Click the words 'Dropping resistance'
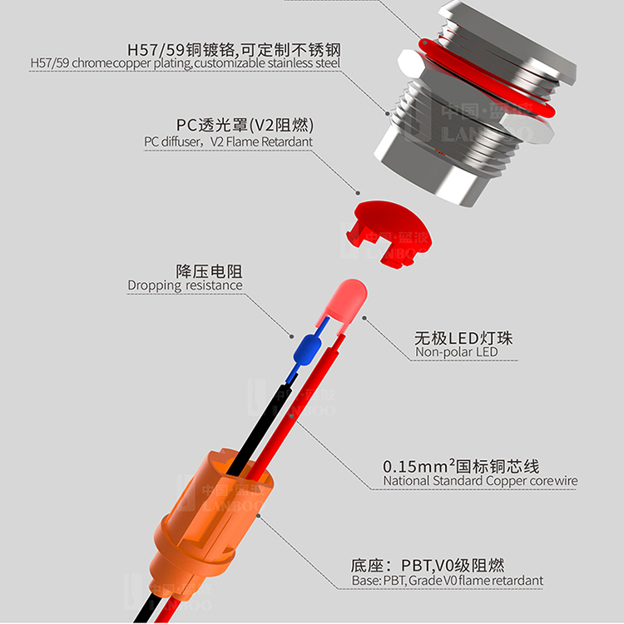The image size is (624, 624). pos(185,285)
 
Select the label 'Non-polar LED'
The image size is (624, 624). pos(457,353)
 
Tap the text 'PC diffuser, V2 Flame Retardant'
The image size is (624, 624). pos(229,141)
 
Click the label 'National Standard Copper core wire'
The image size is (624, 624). pos(480,480)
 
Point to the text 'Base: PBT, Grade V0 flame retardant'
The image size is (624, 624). pos(448,580)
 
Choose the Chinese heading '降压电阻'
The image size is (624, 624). pos(210,270)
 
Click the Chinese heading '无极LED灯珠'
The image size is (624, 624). pos(463,337)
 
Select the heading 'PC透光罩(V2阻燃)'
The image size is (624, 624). pos(245,126)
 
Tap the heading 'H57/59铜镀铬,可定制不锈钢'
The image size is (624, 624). pos(234,48)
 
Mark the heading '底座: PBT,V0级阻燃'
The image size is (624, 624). pos(428,564)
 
